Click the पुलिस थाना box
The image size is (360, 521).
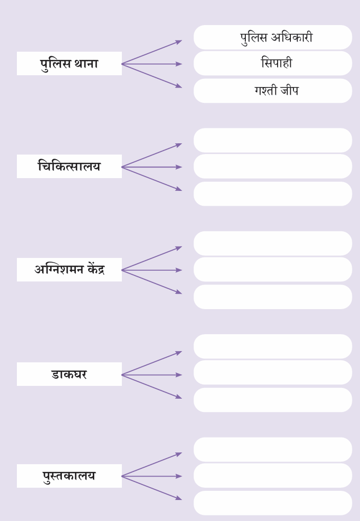(x=69, y=63)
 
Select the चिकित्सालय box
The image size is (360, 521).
(x=69, y=166)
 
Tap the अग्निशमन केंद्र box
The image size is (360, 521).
(x=69, y=270)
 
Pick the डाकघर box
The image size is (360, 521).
(x=69, y=374)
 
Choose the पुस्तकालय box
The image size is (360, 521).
(x=69, y=476)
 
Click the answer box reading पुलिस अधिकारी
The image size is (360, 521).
(x=272, y=37)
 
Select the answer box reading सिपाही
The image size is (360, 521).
(x=272, y=63)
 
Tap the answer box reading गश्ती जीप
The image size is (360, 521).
(x=272, y=91)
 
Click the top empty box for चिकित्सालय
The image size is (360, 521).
(x=272, y=140)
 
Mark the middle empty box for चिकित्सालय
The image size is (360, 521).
(x=272, y=166)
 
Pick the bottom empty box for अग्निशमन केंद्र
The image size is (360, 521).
(x=272, y=297)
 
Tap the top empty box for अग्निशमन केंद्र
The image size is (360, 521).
(x=272, y=243)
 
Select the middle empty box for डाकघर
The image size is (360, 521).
(x=272, y=372)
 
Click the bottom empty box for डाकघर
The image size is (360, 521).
(x=272, y=400)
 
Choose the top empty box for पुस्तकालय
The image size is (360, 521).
(x=272, y=449)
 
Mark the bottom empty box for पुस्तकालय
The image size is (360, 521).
(x=272, y=503)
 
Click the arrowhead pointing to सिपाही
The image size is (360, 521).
(x=179, y=64)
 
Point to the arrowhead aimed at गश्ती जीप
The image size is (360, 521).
(x=179, y=86)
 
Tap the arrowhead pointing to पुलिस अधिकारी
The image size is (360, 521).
(x=179, y=42)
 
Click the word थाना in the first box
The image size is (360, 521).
(x=86, y=63)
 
